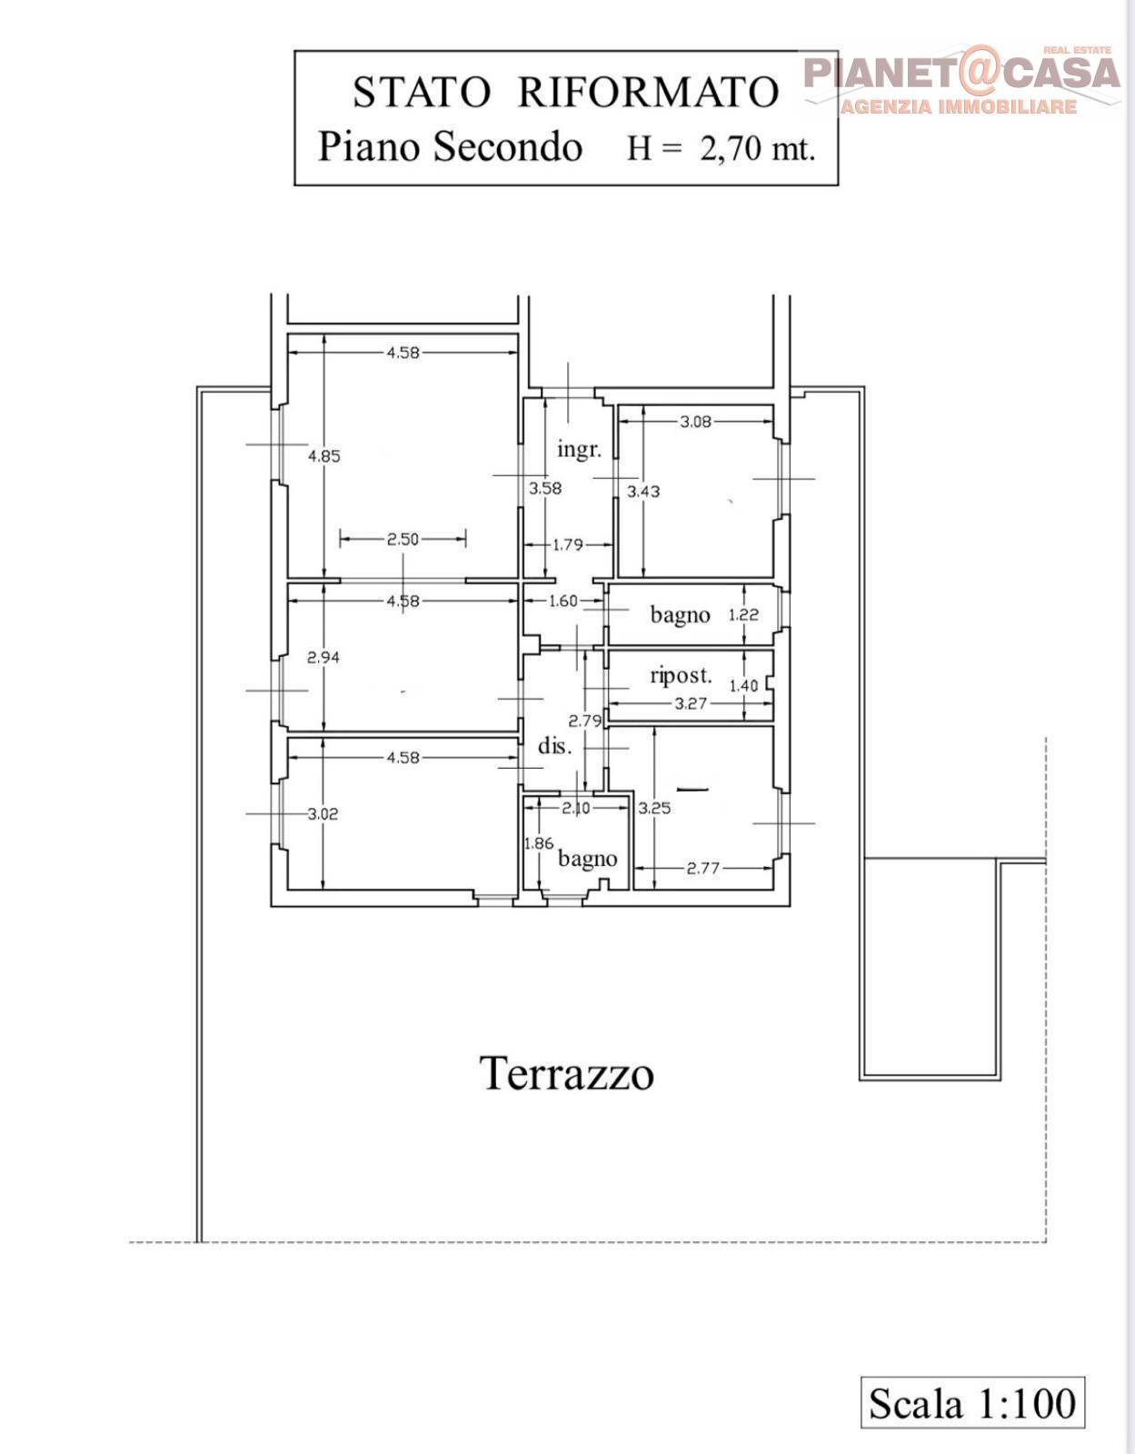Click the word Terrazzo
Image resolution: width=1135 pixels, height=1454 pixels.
(566, 1072)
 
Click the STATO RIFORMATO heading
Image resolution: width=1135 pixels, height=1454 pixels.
(566, 92)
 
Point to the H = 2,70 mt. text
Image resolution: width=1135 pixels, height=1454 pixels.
(721, 147)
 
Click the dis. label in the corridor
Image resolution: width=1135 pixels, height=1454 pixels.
(555, 745)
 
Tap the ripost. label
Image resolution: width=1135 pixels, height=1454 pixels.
(681, 676)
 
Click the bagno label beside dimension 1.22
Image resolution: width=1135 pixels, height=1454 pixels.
(681, 614)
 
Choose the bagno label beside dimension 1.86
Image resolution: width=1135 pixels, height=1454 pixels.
(587, 859)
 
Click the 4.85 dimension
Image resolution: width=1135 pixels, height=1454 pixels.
(324, 456)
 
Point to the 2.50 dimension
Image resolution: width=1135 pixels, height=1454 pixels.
(403, 539)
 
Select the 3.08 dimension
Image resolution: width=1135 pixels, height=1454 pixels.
(695, 422)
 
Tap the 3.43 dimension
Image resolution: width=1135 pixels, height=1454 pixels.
(643, 492)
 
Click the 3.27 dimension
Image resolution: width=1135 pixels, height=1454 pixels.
(691, 703)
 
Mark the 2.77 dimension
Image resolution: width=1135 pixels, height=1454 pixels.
(703, 869)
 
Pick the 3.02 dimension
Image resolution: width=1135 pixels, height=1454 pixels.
(323, 813)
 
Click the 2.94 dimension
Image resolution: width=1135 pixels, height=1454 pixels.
(323, 657)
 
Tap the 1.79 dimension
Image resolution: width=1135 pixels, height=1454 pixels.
(568, 544)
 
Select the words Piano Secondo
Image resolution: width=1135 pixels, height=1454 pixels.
(450, 147)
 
